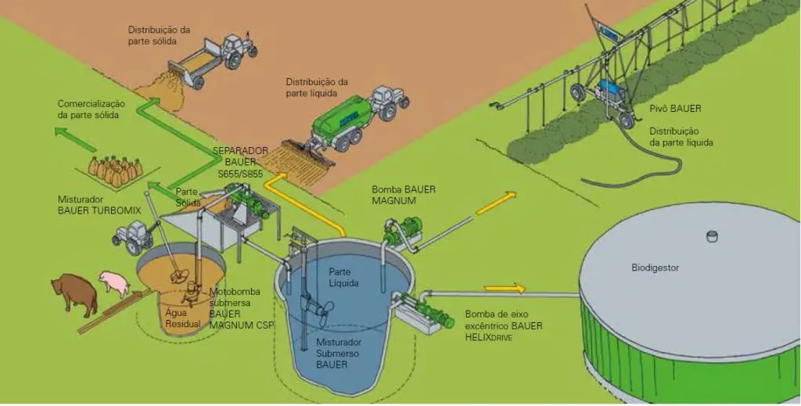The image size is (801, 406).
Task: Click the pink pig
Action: pyautogui.click(x=113, y=282)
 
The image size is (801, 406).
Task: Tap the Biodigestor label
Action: pyautogui.click(x=655, y=268)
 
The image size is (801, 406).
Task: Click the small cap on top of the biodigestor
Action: pyautogui.click(x=711, y=235)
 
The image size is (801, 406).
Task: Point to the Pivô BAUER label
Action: pyautogui.click(x=674, y=109)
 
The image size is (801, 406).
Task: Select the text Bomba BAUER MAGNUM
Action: pyautogui.click(x=404, y=195)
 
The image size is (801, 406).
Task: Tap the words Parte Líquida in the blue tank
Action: pyautogui.click(x=343, y=277)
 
